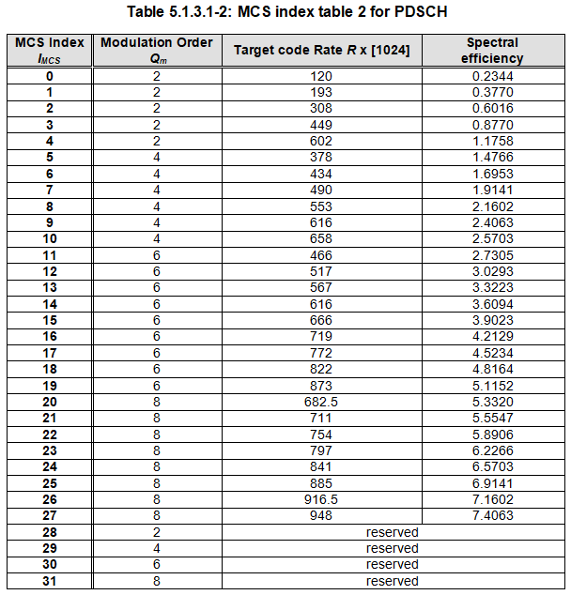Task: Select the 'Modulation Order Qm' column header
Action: (x=157, y=50)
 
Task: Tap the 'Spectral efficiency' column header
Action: (x=492, y=50)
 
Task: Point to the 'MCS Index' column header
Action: (x=50, y=50)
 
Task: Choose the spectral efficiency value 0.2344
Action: (x=492, y=76)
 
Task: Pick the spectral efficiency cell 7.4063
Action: (x=492, y=515)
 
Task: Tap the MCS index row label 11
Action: (x=50, y=255)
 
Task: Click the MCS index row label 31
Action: (x=50, y=581)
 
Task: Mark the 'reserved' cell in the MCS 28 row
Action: (x=392, y=532)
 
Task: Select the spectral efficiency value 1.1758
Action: (x=492, y=141)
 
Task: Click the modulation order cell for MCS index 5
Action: (x=157, y=158)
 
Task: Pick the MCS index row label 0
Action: (x=50, y=76)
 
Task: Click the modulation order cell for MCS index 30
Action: (x=157, y=565)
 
